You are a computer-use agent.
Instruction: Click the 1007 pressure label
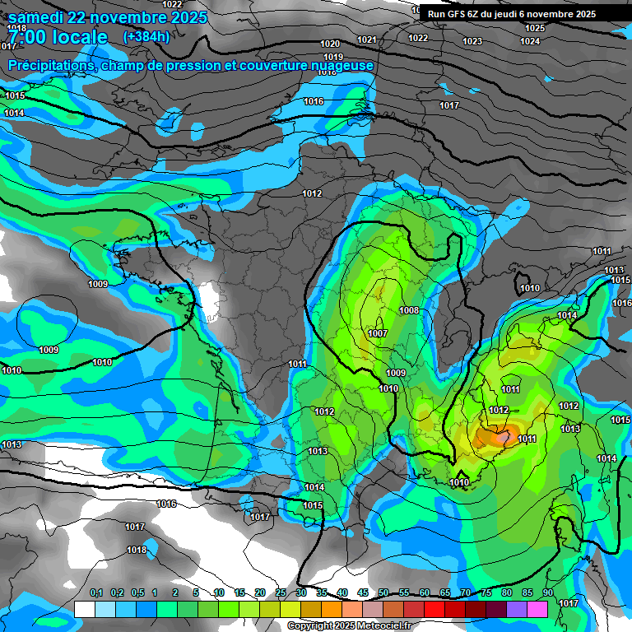(378, 333)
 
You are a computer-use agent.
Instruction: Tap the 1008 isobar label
(409, 310)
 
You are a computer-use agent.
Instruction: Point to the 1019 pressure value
(333, 57)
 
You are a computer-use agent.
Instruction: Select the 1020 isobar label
(330, 44)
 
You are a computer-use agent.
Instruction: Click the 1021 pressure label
(367, 39)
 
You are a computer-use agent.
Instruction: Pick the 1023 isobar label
(472, 41)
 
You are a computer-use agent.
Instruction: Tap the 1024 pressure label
(530, 41)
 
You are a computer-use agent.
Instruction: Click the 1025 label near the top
(534, 28)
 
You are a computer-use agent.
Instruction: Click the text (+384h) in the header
(146, 36)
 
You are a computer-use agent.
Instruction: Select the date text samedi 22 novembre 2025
(107, 16)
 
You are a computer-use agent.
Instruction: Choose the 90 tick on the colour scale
(547, 593)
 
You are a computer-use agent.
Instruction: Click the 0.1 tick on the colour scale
(96, 593)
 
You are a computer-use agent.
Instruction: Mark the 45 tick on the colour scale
(363, 593)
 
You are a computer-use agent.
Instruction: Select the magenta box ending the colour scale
(537, 609)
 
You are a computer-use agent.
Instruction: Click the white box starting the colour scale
(84, 609)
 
